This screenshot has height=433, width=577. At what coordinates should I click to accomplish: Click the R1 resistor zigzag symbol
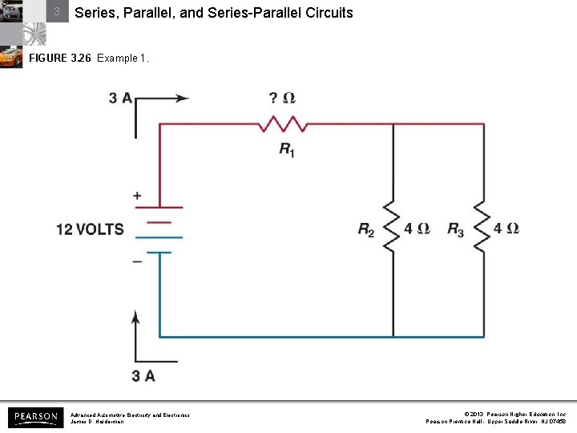click(x=283, y=124)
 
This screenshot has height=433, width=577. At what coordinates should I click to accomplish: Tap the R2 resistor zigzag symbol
click(x=392, y=226)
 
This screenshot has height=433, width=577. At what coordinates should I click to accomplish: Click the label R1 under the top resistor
click(x=286, y=149)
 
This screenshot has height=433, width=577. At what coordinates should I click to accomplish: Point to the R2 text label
click(x=366, y=230)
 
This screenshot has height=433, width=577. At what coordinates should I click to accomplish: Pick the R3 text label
click(x=455, y=230)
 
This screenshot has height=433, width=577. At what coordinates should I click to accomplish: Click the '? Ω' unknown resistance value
click(x=282, y=98)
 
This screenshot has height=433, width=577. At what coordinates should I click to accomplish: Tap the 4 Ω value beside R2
click(x=418, y=229)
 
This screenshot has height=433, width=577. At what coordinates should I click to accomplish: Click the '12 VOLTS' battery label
click(x=90, y=229)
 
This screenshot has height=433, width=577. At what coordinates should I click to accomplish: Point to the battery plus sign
click(x=137, y=196)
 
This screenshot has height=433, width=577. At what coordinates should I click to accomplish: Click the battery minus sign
click(x=137, y=261)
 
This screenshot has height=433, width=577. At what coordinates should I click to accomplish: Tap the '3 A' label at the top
click(x=121, y=98)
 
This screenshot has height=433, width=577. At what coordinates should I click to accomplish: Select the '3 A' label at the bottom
click(x=143, y=375)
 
